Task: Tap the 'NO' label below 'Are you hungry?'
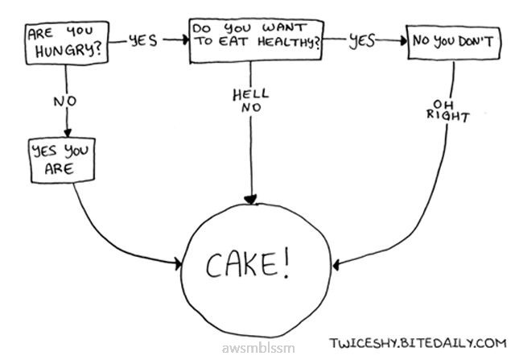(x=64, y=101)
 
